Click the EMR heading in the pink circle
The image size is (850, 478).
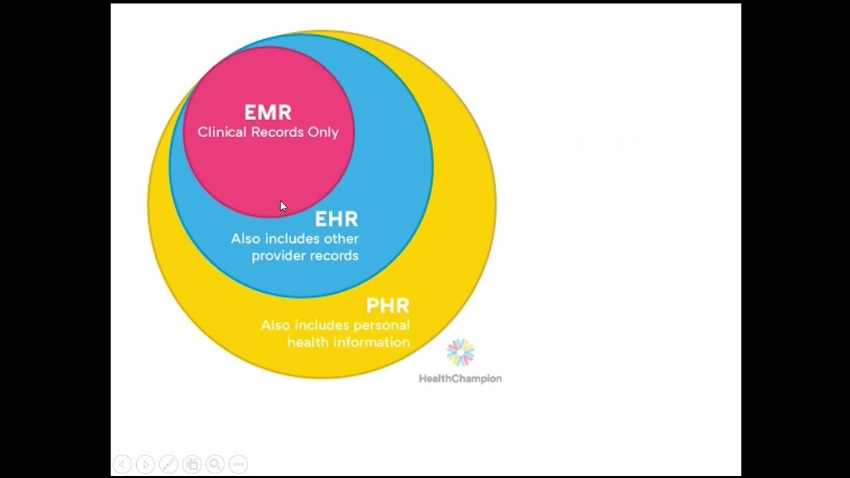pyautogui.click(x=268, y=112)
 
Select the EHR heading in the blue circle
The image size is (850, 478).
pyautogui.click(x=336, y=219)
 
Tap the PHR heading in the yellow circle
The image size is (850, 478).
pyautogui.click(x=388, y=306)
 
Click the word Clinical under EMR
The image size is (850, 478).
pyautogui.click(x=222, y=132)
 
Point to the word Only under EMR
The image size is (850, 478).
pyautogui.click(x=323, y=132)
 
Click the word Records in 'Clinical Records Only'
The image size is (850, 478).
pyautogui.click(x=278, y=132)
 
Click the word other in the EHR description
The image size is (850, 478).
pyautogui.click(x=341, y=238)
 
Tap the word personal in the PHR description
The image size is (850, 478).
pyautogui.click(x=381, y=325)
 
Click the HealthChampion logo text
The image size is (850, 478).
pyautogui.click(x=460, y=378)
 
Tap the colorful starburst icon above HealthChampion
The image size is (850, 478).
pyautogui.click(x=460, y=353)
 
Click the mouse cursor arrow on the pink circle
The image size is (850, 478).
pyautogui.click(x=283, y=206)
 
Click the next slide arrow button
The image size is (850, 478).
pyautogui.click(x=145, y=464)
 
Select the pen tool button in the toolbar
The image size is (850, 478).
pyautogui.click(x=169, y=464)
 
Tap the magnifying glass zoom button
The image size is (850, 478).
pyautogui.click(x=214, y=464)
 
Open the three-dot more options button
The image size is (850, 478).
pyautogui.click(x=238, y=464)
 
